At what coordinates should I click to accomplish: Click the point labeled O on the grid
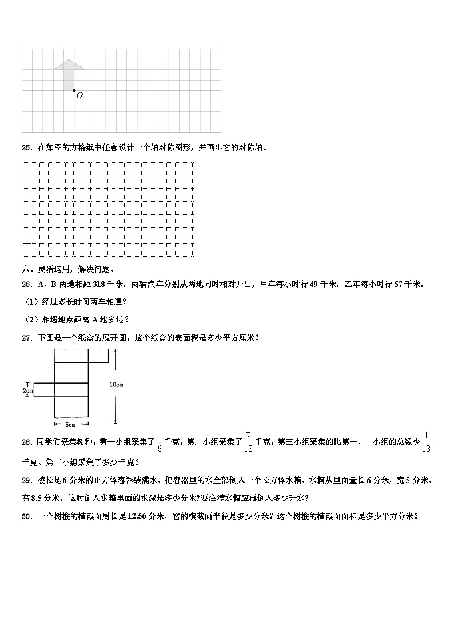click(x=74, y=90)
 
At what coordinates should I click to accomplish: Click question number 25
click(x=26, y=147)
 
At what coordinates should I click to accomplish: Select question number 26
click(x=26, y=284)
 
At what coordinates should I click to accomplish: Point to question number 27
click(x=26, y=338)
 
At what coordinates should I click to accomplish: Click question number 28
click(x=26, y=441)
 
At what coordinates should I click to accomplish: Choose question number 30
click(x=26, y=516)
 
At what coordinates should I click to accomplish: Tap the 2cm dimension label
click(x=27, y=390)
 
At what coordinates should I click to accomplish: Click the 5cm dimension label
click(x=71, y=424)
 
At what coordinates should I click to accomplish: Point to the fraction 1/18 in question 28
click(x=425, y=441)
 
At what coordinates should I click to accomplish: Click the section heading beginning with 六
click(x=68, y=269)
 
